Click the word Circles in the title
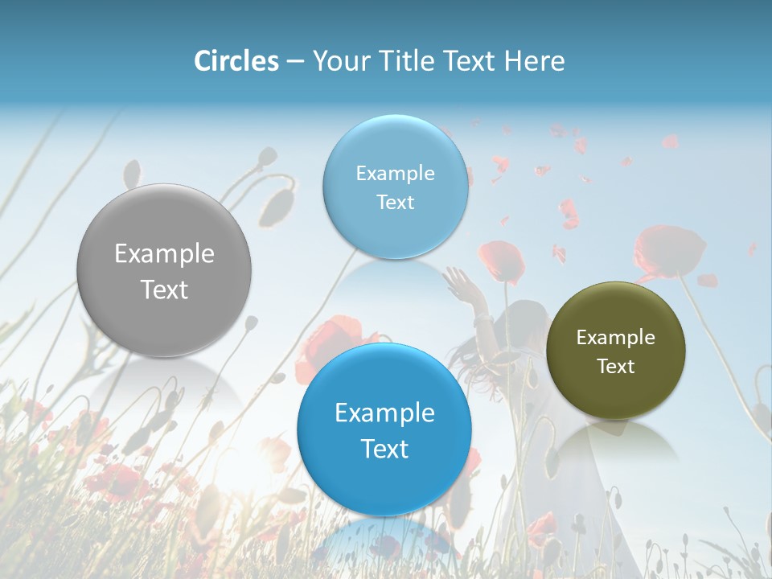(x=236, y=61)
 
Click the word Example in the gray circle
(x=164, y=254)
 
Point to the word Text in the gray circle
(x=164, y=289)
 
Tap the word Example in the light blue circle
(x=395, y=174)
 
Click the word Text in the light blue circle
(x=395, y=202)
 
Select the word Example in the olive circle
(x=615, y=338)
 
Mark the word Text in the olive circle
(x=615, y=366)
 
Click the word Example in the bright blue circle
(x=384, y=413)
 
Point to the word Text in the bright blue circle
(x=384, y=449)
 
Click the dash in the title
(x=295, y=62)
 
